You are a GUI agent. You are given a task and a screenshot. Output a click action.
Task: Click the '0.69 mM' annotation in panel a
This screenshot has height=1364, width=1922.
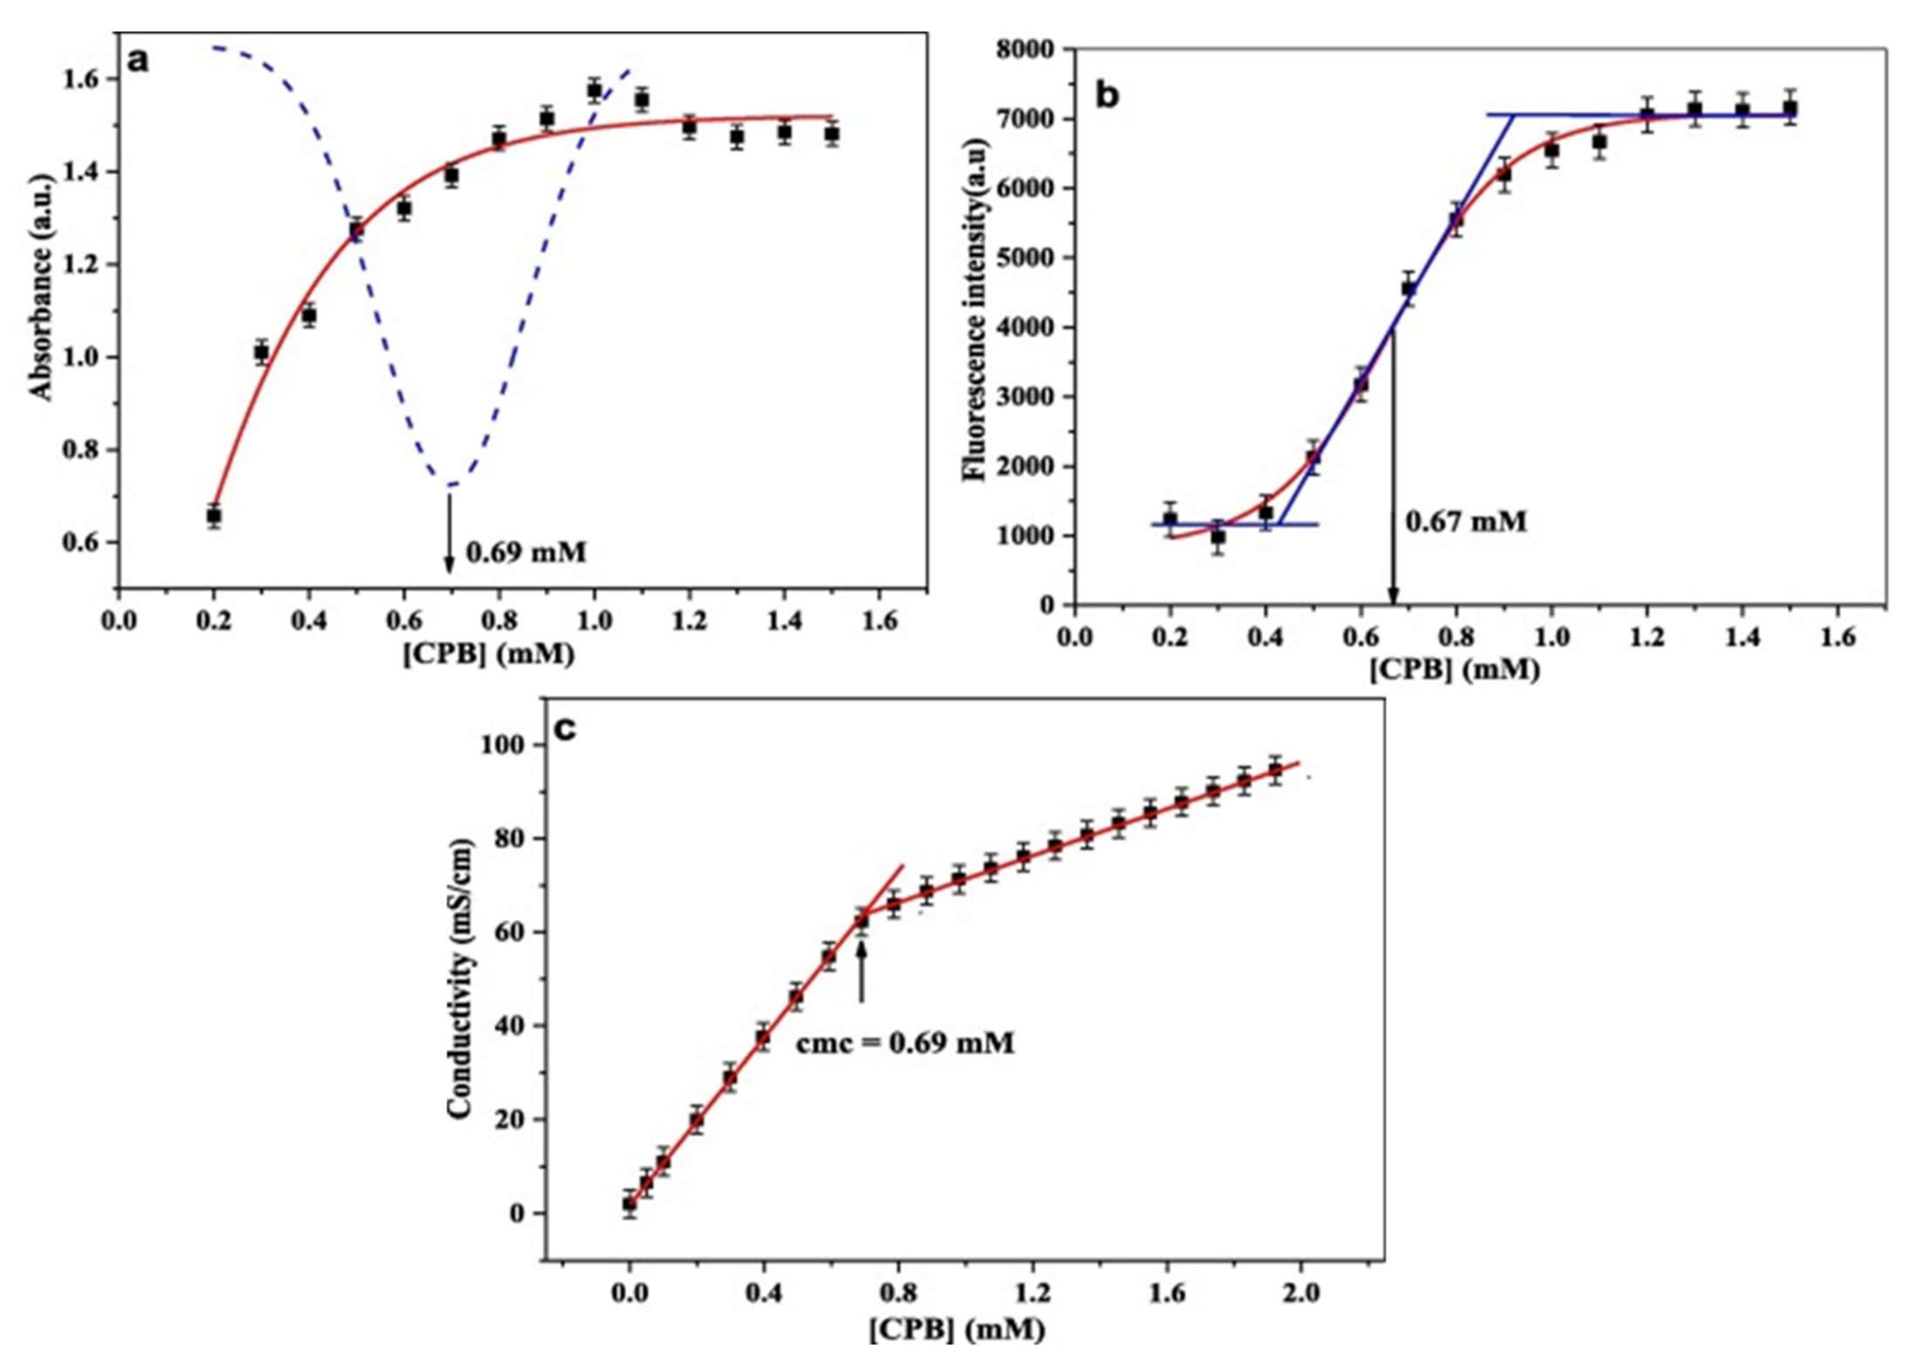(526, 553)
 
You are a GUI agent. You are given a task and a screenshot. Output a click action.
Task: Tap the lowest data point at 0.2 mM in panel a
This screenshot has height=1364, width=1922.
(214, 515)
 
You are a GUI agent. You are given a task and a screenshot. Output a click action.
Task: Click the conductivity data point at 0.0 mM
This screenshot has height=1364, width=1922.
(629, 1204)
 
